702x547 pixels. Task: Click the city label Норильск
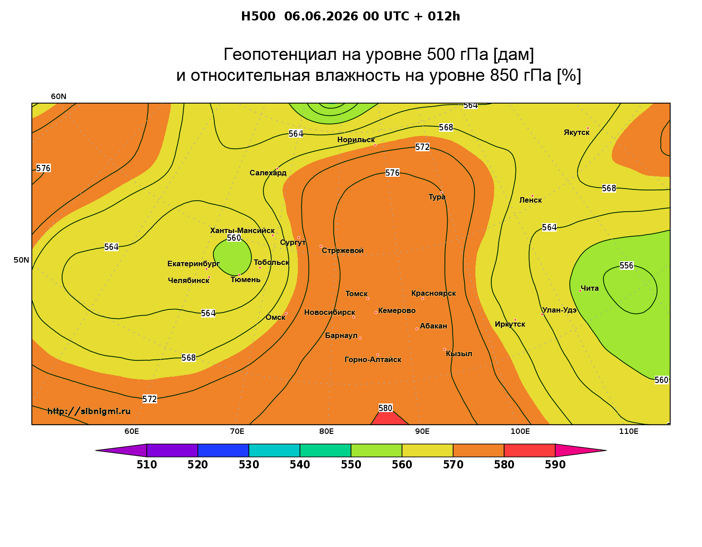[x=356, y=139]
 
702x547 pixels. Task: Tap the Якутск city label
[x=576, y=132]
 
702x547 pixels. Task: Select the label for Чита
[x=589, y=288]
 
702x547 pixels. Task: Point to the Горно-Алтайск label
[x=373, y=360]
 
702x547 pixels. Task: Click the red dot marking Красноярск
[x=423, y=298]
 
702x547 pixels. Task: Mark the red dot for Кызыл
[x=445, y=349]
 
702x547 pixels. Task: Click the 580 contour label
[x=386, y=408]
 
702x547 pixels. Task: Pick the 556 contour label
[x=627, y=266]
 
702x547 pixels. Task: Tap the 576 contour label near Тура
[x=392, y=173]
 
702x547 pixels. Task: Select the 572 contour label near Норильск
[x=423, y=147]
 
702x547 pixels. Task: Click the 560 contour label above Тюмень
[x=234, y=238]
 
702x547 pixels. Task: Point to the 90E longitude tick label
[x=422, y=431]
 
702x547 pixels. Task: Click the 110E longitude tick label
[x=628, y=431]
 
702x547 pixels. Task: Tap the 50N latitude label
[x=21, y=260]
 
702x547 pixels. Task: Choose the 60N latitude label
[x=59, y=96]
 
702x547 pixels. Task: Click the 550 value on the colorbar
[x=351, y=465]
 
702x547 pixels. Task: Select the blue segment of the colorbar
[x=223, y=450]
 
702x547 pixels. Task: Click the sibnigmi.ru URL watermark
[x=89, y=411]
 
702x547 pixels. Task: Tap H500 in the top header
[x=258, y=16]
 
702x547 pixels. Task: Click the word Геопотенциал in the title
[x=280, y=54]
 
